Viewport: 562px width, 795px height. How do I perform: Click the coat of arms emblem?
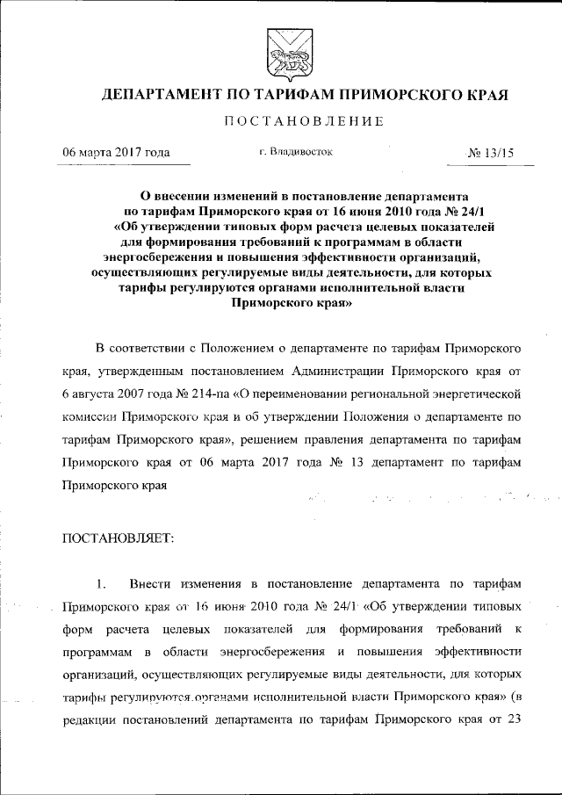280,52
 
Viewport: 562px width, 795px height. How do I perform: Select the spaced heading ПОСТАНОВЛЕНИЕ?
280,121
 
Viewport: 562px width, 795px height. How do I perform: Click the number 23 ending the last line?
515,720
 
